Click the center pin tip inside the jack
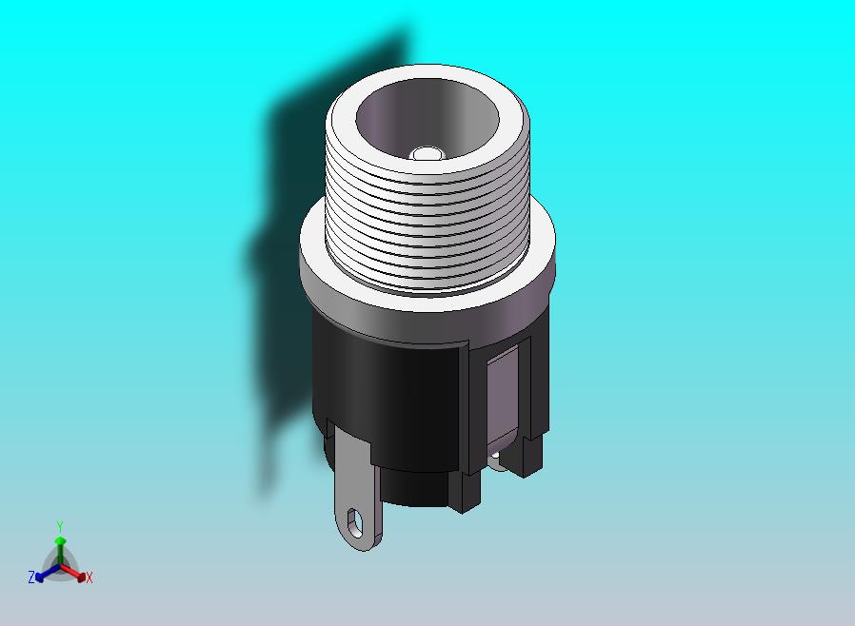(427, 153)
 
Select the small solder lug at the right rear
(498, 460)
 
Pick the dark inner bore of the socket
(400, 114)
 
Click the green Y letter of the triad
(60, 526)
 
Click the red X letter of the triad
(89, 577)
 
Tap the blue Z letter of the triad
(31, 577)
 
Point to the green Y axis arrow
(60, 547)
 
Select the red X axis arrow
(76, 573)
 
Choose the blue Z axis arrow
(44, 574)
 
